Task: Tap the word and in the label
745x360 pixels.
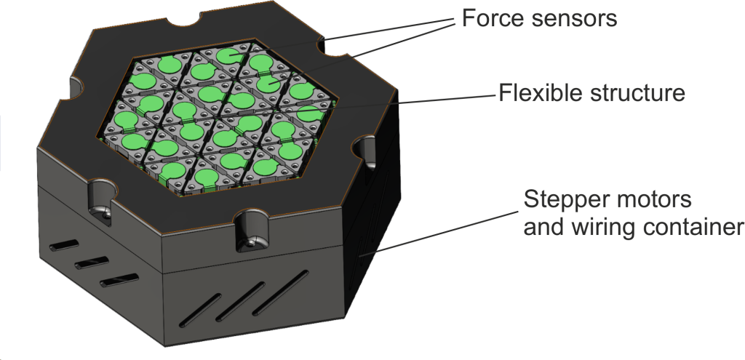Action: [543, 227]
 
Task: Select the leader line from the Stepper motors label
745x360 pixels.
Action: [439, 232]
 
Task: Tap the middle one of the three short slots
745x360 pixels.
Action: [91, 263]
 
